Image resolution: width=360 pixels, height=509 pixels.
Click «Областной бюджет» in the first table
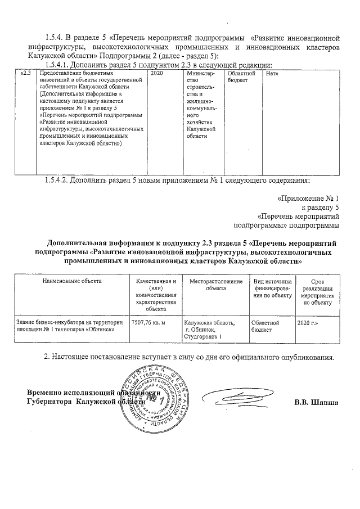[x=241, y=77]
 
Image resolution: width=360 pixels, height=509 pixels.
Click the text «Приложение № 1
[x=309, y=199]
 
